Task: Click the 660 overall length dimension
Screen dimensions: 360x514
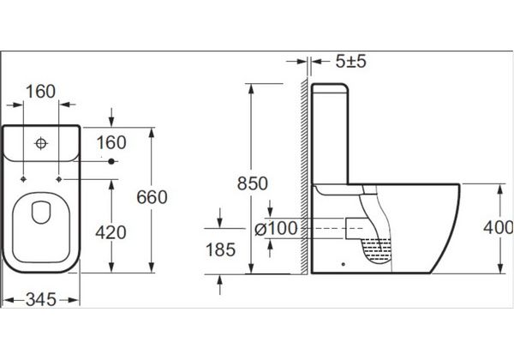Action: point(152,197)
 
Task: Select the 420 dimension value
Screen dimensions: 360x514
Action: point(111,231)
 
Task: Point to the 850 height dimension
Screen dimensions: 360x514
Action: point(251,183)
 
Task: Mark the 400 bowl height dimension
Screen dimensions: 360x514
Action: point(496,227)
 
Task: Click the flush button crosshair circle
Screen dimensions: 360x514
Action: point(40,144)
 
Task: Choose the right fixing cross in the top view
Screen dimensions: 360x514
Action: point(59,179)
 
